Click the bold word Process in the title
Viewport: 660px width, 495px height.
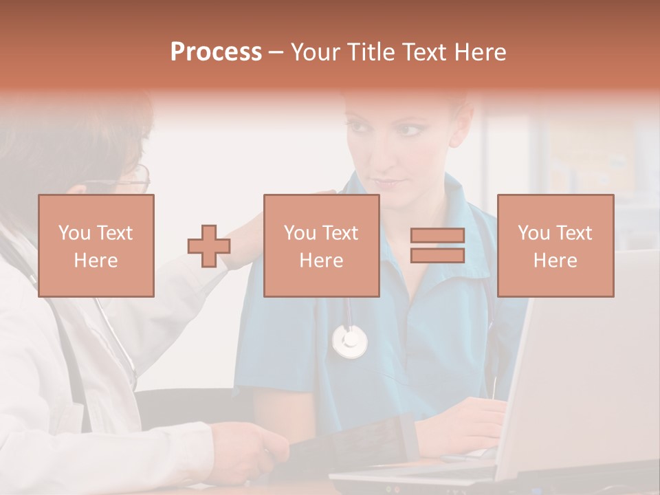point(216,52)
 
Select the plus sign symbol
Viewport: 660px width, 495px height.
point(209,246)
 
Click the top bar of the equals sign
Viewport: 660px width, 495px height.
point(437,236)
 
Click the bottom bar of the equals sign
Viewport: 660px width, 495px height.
point(437,256)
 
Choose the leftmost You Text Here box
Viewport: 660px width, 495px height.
point(96,245)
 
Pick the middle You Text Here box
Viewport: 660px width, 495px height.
point(321,245)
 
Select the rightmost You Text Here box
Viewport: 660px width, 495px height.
point(555,245)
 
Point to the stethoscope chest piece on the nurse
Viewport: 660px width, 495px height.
point(350,341)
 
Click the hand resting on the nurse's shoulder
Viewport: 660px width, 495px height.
point(244,237)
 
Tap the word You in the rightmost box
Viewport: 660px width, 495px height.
point(533,233)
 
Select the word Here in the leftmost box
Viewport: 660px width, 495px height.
point(96,261)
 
